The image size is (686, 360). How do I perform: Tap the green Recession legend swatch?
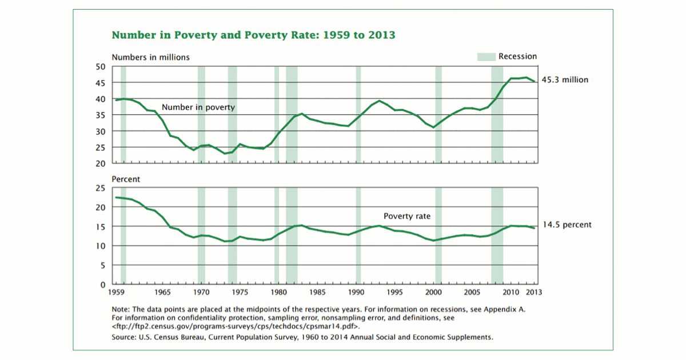[x=486, y=57]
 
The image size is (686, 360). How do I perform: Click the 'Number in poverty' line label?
[x=198, y=107]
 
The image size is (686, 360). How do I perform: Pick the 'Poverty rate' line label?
[x=406, y=217]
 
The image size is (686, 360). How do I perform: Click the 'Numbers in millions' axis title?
[x=150, y=57]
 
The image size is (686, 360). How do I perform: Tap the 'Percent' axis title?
[x=125, y=179]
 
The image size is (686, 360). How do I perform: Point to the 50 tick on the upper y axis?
[x=101, y=67]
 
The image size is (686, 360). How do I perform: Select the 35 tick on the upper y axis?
[x=101, y=115]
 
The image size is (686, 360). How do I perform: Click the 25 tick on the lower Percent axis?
[x=101, y=188]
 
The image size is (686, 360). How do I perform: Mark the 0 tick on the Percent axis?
[x=103, y=284]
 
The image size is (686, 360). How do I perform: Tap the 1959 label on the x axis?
[x=117, y=292]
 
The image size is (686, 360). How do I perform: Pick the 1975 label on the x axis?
[x=240, y=292]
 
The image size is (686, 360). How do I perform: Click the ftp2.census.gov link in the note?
[x=236, y=326]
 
